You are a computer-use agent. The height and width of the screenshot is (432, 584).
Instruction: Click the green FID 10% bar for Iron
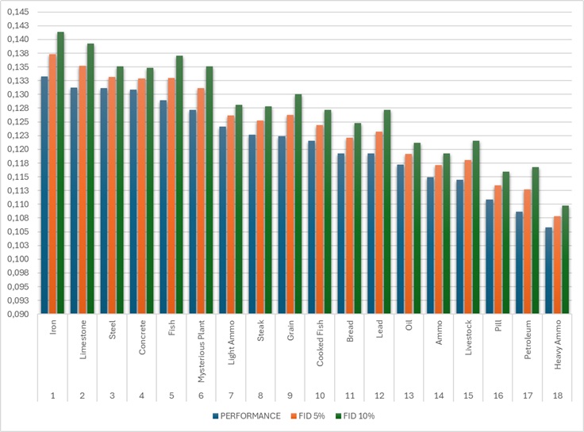[x=60, y=173]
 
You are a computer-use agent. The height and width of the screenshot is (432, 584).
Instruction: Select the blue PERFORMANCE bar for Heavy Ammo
[x=549, y=270]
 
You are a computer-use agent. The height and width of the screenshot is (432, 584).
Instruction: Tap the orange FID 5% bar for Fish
[x=171, y=196]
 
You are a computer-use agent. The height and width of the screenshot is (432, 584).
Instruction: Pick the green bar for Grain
[x=298, y=204]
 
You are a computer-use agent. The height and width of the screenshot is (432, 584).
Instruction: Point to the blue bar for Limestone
[x=74, y=201]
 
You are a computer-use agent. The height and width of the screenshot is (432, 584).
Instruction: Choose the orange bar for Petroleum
[x=528, y=251]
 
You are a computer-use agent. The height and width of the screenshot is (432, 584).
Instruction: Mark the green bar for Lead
[x=387, y=212]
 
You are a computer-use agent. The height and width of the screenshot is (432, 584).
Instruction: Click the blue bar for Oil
[x=401, y=239]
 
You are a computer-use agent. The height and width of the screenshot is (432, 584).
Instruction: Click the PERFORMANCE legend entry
[x=247, y=416]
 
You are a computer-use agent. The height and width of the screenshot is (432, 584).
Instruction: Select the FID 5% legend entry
[x=307, y=416]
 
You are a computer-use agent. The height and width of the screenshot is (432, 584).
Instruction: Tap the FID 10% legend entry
[x=355, y=416]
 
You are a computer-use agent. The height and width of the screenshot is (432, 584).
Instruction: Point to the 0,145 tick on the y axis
[x=18, y=12]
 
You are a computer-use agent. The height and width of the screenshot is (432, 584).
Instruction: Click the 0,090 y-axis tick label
[x=18, y=314]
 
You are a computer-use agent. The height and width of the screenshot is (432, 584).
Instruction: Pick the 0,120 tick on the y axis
[x=18, y=149]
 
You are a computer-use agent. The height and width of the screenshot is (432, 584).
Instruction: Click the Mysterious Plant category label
[x=201, y=351]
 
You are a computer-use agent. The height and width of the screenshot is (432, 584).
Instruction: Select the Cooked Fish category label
[x=320, y=343]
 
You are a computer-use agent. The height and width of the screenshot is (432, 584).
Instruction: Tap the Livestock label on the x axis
[x=468, y=338]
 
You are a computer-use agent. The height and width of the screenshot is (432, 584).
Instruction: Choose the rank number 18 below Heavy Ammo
[x=558, y=396]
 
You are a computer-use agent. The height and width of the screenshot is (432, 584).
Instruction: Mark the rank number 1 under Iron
[x=53, y=396]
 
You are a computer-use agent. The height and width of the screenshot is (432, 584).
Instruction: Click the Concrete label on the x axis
[x=142, y=337]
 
